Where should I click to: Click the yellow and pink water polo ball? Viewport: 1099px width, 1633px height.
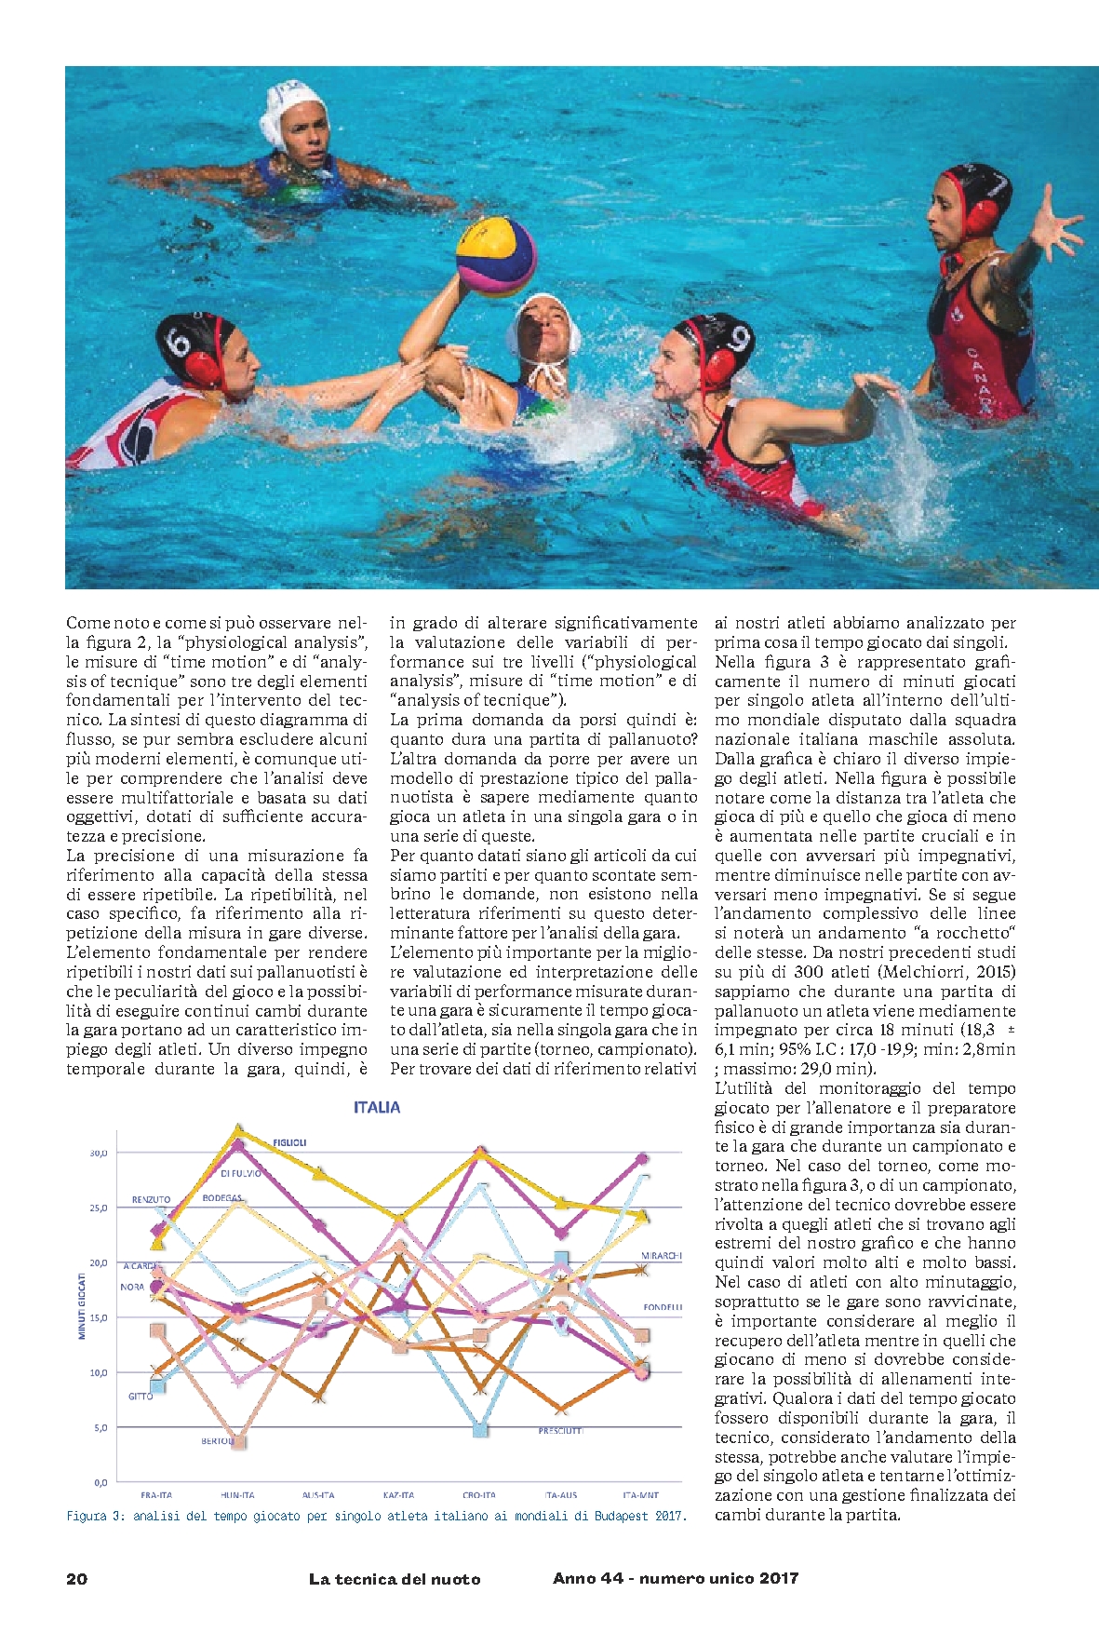(x=495, y=256)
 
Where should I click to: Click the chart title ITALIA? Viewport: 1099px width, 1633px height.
(x=377, y=1108)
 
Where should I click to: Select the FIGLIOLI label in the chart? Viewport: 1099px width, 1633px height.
(x=289, y=1142)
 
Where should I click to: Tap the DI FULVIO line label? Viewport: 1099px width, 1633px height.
(x=241, y=1174)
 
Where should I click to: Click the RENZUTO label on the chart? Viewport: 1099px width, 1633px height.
(x=151, y=1200)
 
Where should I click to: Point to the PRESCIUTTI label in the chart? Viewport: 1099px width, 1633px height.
(x=560, y=1431)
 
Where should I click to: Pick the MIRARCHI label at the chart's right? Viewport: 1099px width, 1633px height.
(x=662, y=1256)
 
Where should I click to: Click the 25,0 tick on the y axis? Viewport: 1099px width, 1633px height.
(x=98, y=1208)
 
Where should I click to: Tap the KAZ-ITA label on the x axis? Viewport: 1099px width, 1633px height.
(x=398, y=1495)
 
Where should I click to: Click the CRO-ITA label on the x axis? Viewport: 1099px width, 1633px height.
(x=479, y=1495)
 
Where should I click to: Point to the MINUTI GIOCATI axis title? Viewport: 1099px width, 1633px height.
(x=81, y=1306)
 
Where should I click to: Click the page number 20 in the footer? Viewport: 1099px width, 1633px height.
(x=77, y=1579)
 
